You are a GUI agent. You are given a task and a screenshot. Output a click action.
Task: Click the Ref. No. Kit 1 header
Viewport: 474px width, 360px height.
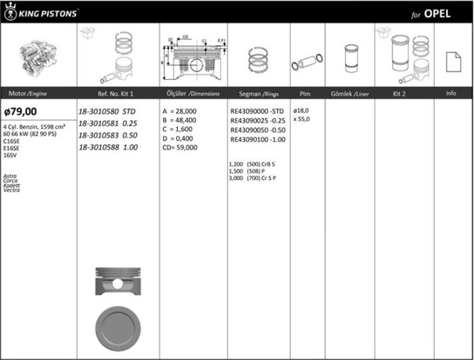click(105, 94)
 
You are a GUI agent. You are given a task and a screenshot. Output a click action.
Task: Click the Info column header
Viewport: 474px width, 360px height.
click(451, 94)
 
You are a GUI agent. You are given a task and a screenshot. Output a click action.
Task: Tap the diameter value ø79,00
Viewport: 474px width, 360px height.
click(21, 112)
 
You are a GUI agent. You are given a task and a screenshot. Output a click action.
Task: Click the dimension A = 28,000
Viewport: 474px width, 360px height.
click(180, 111)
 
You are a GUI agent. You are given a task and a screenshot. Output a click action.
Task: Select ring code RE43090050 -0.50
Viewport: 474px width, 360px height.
click(257, 130)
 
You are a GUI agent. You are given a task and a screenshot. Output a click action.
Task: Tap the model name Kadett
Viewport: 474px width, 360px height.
click(11, 186)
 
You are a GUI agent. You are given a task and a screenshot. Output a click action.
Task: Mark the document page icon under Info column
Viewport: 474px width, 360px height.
click(451, 58)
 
